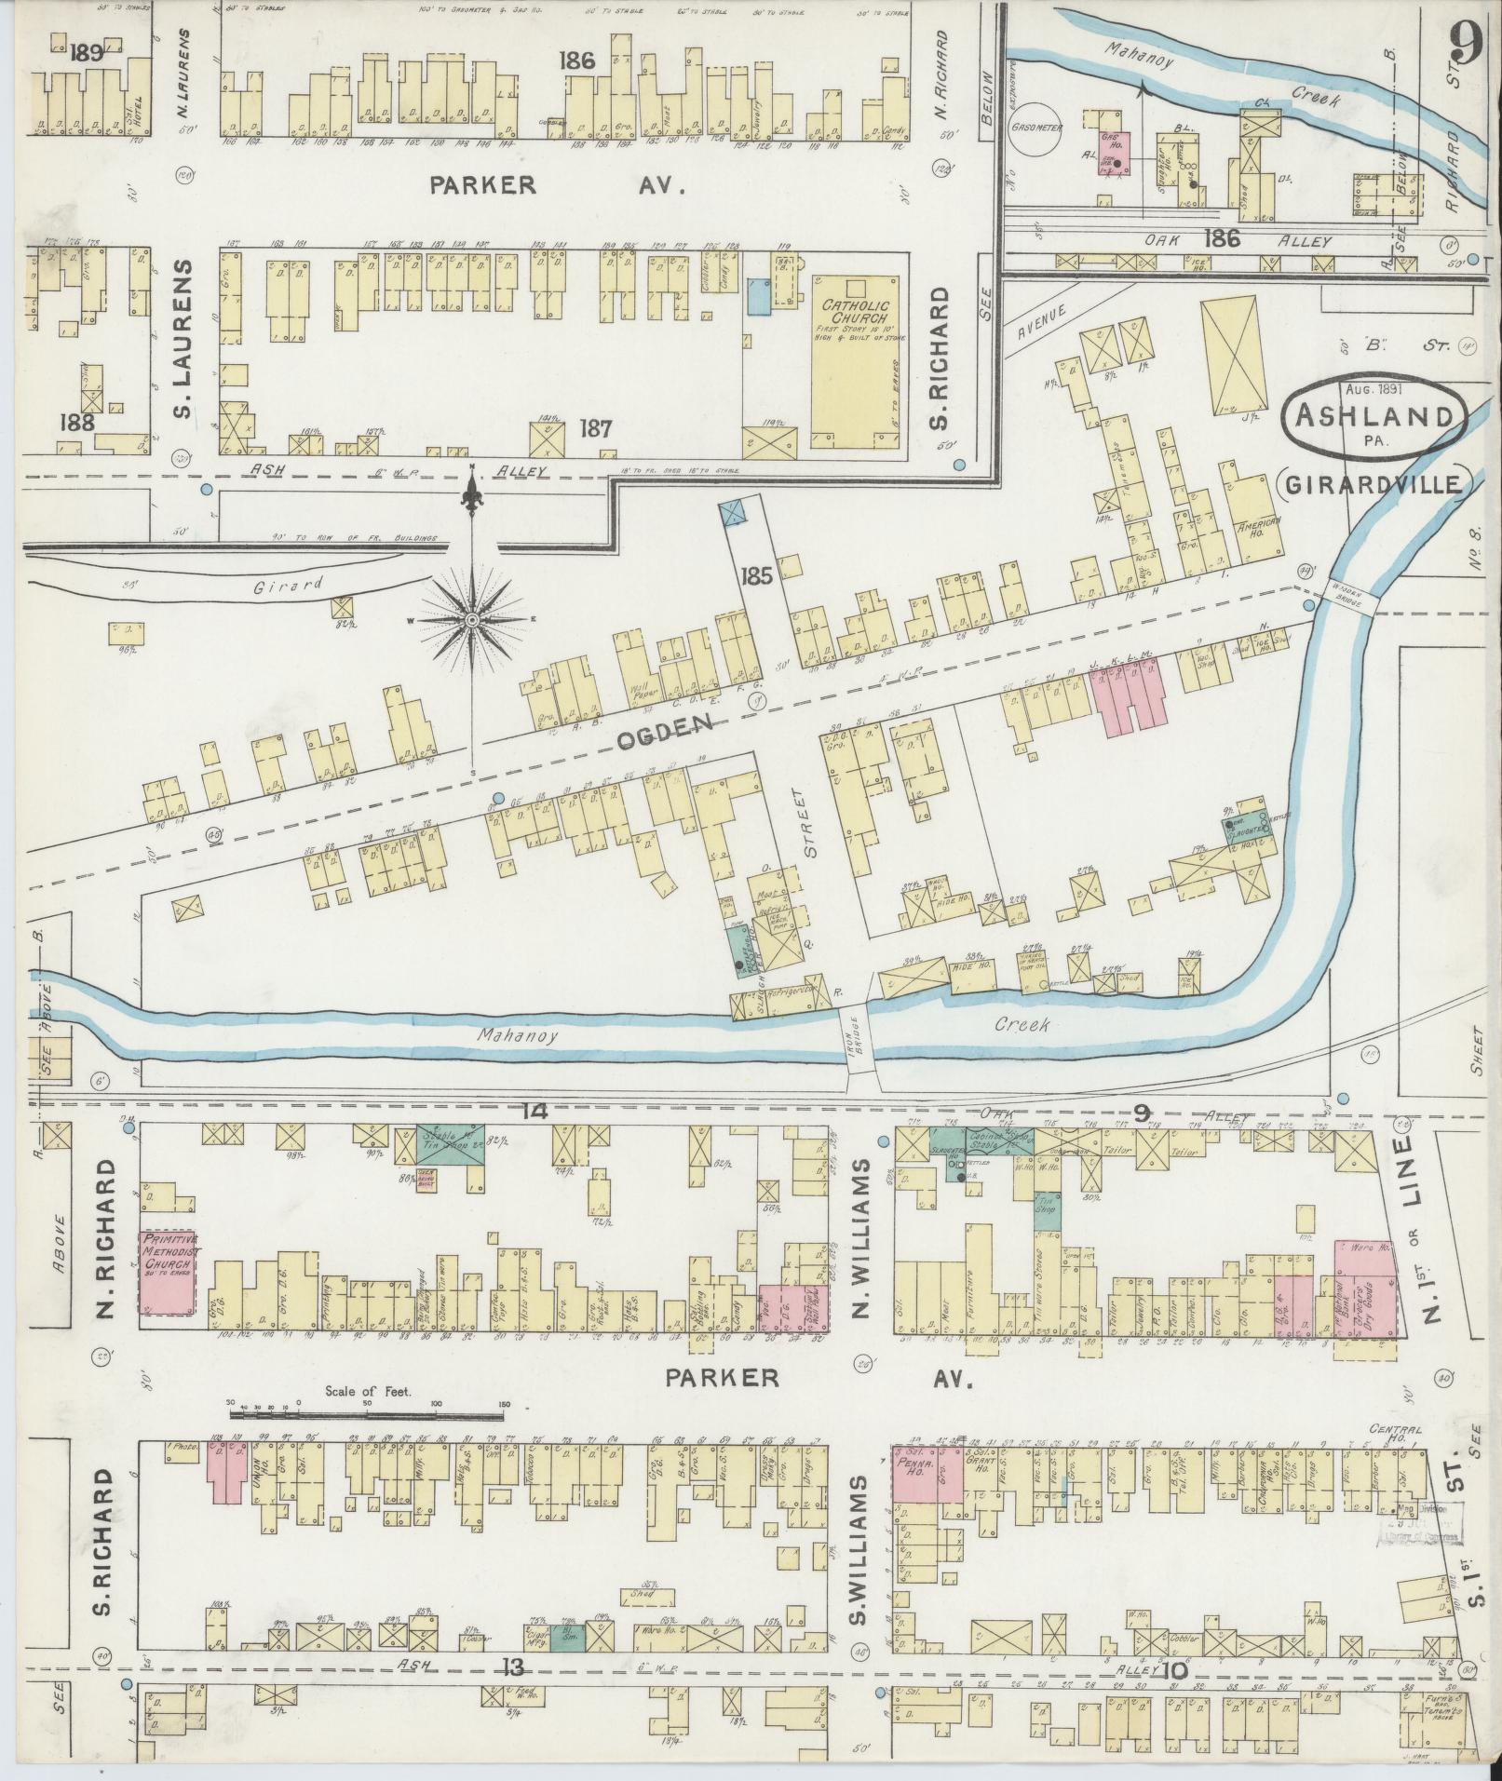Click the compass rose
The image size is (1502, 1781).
tap(473, 618)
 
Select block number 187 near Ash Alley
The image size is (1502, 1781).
tap(595, 428)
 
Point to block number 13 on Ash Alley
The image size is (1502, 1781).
tap(511, 1666)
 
